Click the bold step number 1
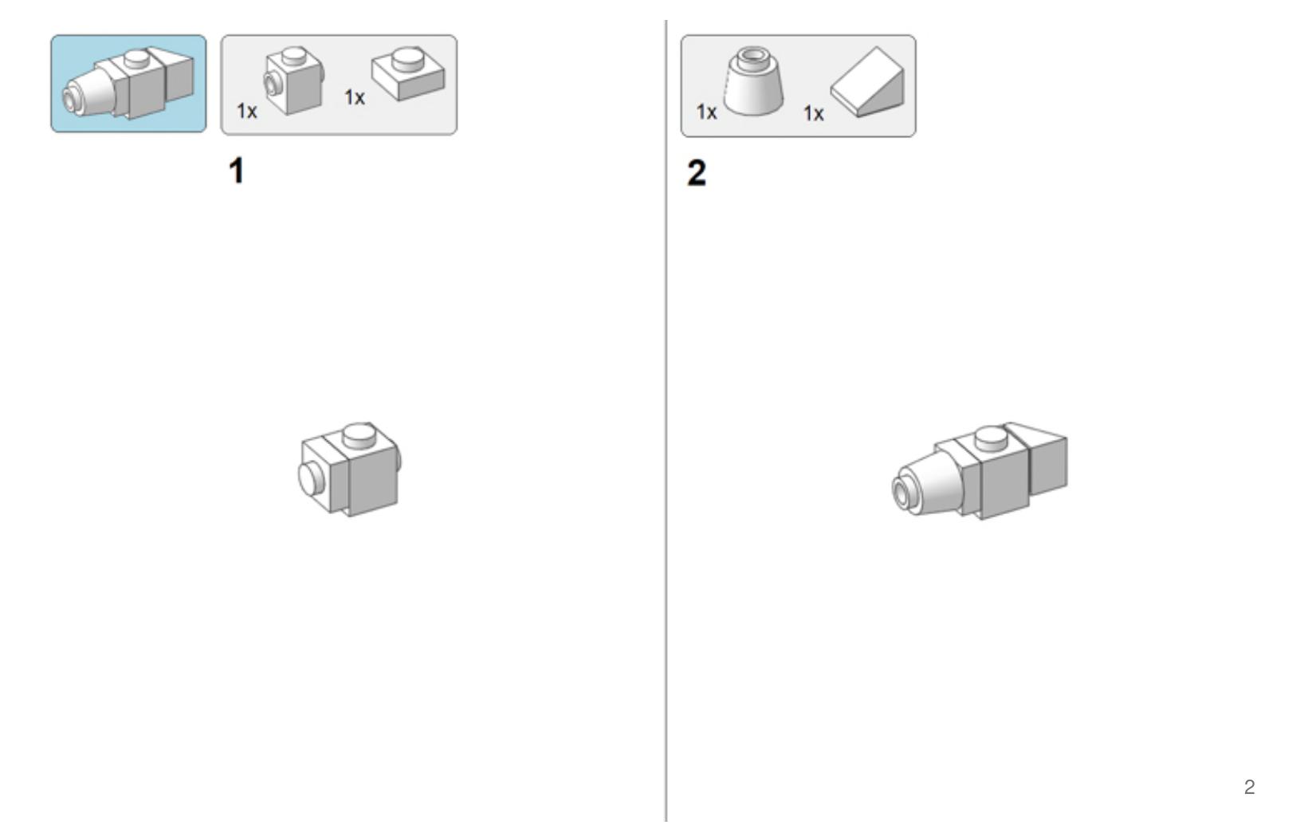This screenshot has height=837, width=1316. pos(236,171)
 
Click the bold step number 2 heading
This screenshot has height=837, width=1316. pos(697,173)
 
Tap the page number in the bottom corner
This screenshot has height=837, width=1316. pos(1249,787)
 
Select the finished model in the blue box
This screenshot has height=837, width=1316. pos(128,82)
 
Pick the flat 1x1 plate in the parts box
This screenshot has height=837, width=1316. pos(408,73)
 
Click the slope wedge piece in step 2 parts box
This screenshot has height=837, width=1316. pos(867,82)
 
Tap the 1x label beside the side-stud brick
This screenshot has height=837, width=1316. pos(247,111)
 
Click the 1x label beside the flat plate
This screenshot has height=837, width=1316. pos(354,97)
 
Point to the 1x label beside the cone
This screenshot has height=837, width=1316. pos(706,112)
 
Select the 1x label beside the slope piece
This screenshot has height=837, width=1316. pos(814,113)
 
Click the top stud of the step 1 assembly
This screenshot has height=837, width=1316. pos(359,436)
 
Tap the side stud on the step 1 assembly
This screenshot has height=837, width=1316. pos(311,479)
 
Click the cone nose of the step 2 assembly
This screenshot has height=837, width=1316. pos(929,484)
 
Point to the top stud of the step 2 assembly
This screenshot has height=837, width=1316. pos(992,438)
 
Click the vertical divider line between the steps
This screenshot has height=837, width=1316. pos(666,420)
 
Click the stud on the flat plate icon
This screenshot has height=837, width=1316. pos(408,59)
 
